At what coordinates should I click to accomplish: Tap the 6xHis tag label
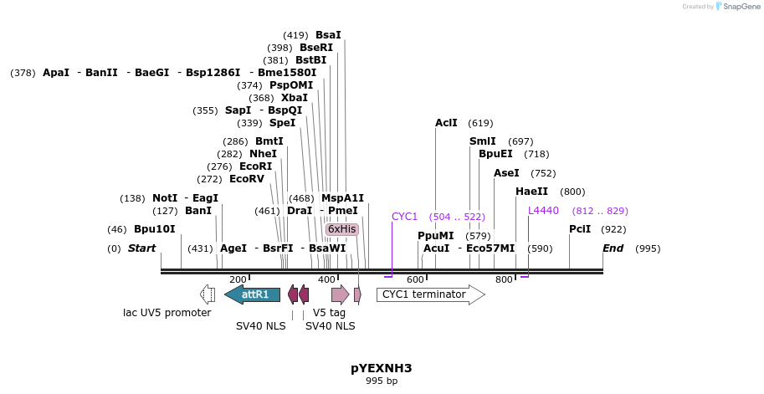coord(341,229)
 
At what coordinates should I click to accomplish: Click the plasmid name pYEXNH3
coord(381,368)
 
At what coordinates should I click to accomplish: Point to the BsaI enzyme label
coord(328,35)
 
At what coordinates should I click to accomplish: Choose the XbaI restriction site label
coord(295,98)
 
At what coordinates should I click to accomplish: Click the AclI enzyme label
coord(446,123)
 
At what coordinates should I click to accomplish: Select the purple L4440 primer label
coord(543,211)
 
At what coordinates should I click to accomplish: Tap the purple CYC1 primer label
coord(404,217)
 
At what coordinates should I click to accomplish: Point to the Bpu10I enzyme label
coord(155,229)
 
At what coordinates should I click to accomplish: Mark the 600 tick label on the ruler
coord(415,279)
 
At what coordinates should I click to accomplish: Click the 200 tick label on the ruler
coord(238,279)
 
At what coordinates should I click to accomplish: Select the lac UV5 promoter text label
coord(167,313)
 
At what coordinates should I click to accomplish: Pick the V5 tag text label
coord(329,313)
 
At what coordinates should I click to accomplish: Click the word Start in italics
coord(141,248)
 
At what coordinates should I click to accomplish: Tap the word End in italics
coord(613,248)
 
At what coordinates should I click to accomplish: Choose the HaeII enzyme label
coord(531,192)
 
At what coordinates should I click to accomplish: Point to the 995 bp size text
coord(381,381)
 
